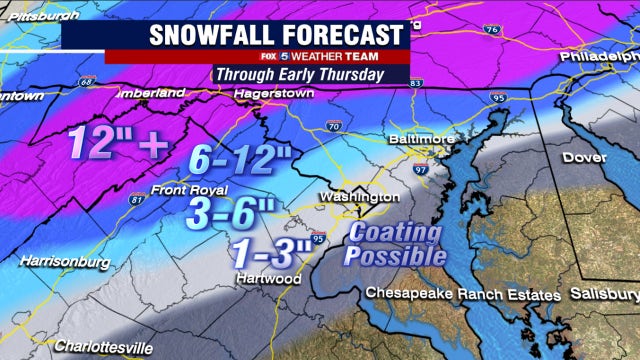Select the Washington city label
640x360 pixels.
359,197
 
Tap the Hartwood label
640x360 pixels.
265,277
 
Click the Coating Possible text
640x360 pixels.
396,243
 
